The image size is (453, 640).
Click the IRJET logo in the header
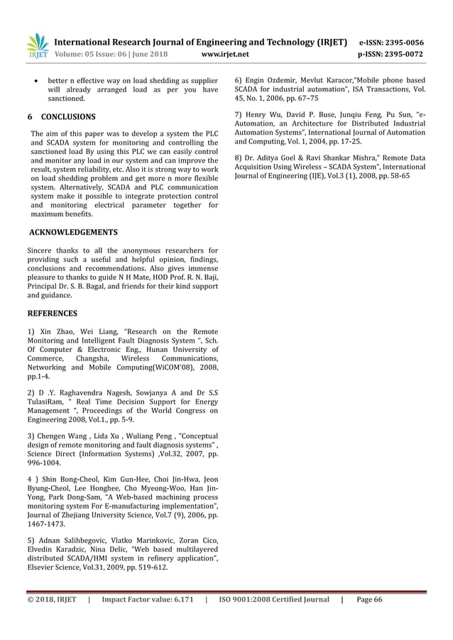[x=37, y=45]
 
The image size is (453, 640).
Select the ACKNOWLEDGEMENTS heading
[x=73, y=232]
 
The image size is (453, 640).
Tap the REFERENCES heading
[x=52, y=313]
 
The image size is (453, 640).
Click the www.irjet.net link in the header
[x=225, y=53]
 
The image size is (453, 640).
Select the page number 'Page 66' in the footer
[x=369, y=600]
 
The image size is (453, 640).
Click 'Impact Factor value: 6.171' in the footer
[x=148, y=600]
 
